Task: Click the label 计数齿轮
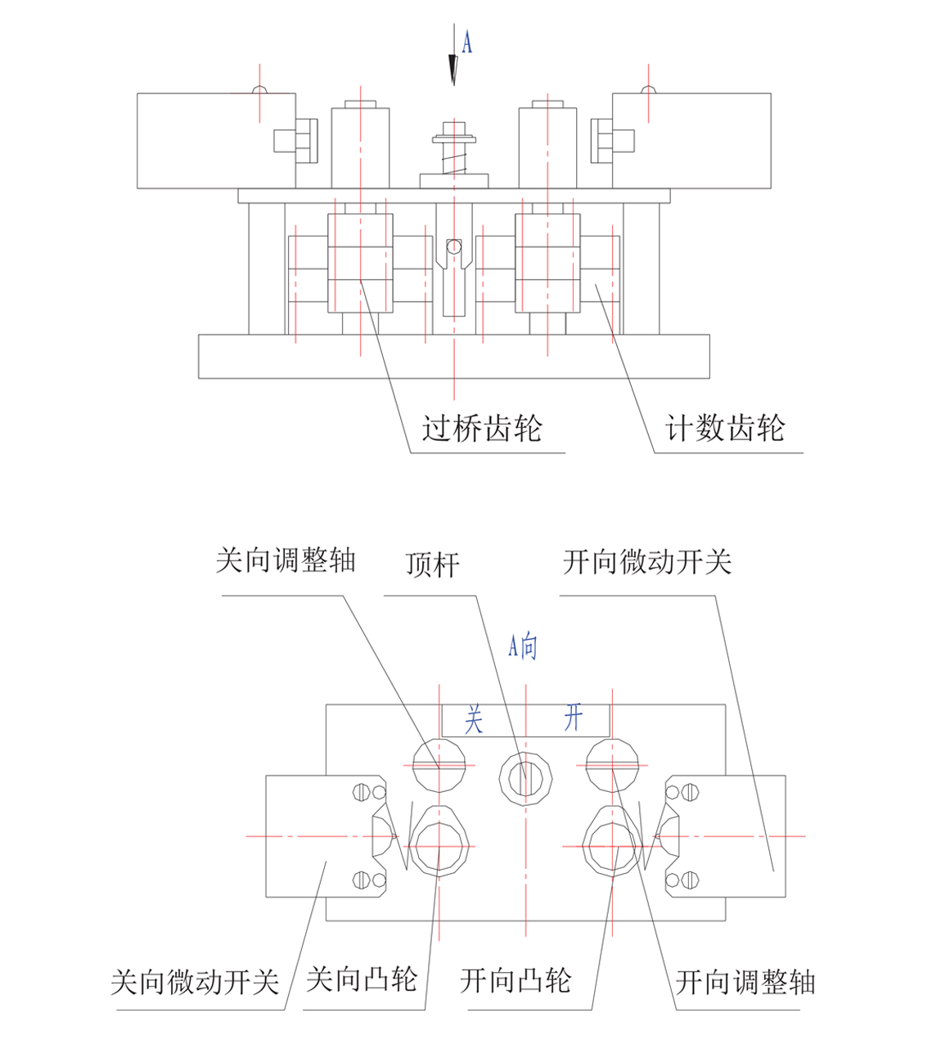[724, 429]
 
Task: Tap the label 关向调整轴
[285, 561]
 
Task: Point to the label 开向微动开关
[646, 562]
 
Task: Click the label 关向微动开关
[195, 982]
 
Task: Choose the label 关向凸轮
[362, 979]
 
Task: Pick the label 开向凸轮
[515, 980]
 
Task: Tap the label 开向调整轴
[745, 982]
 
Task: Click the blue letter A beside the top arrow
[467, 42]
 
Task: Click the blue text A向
[523, 646]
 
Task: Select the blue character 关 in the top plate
[474, 720]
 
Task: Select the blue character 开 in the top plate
[573, 718]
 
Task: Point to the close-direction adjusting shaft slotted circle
[439, 765]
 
